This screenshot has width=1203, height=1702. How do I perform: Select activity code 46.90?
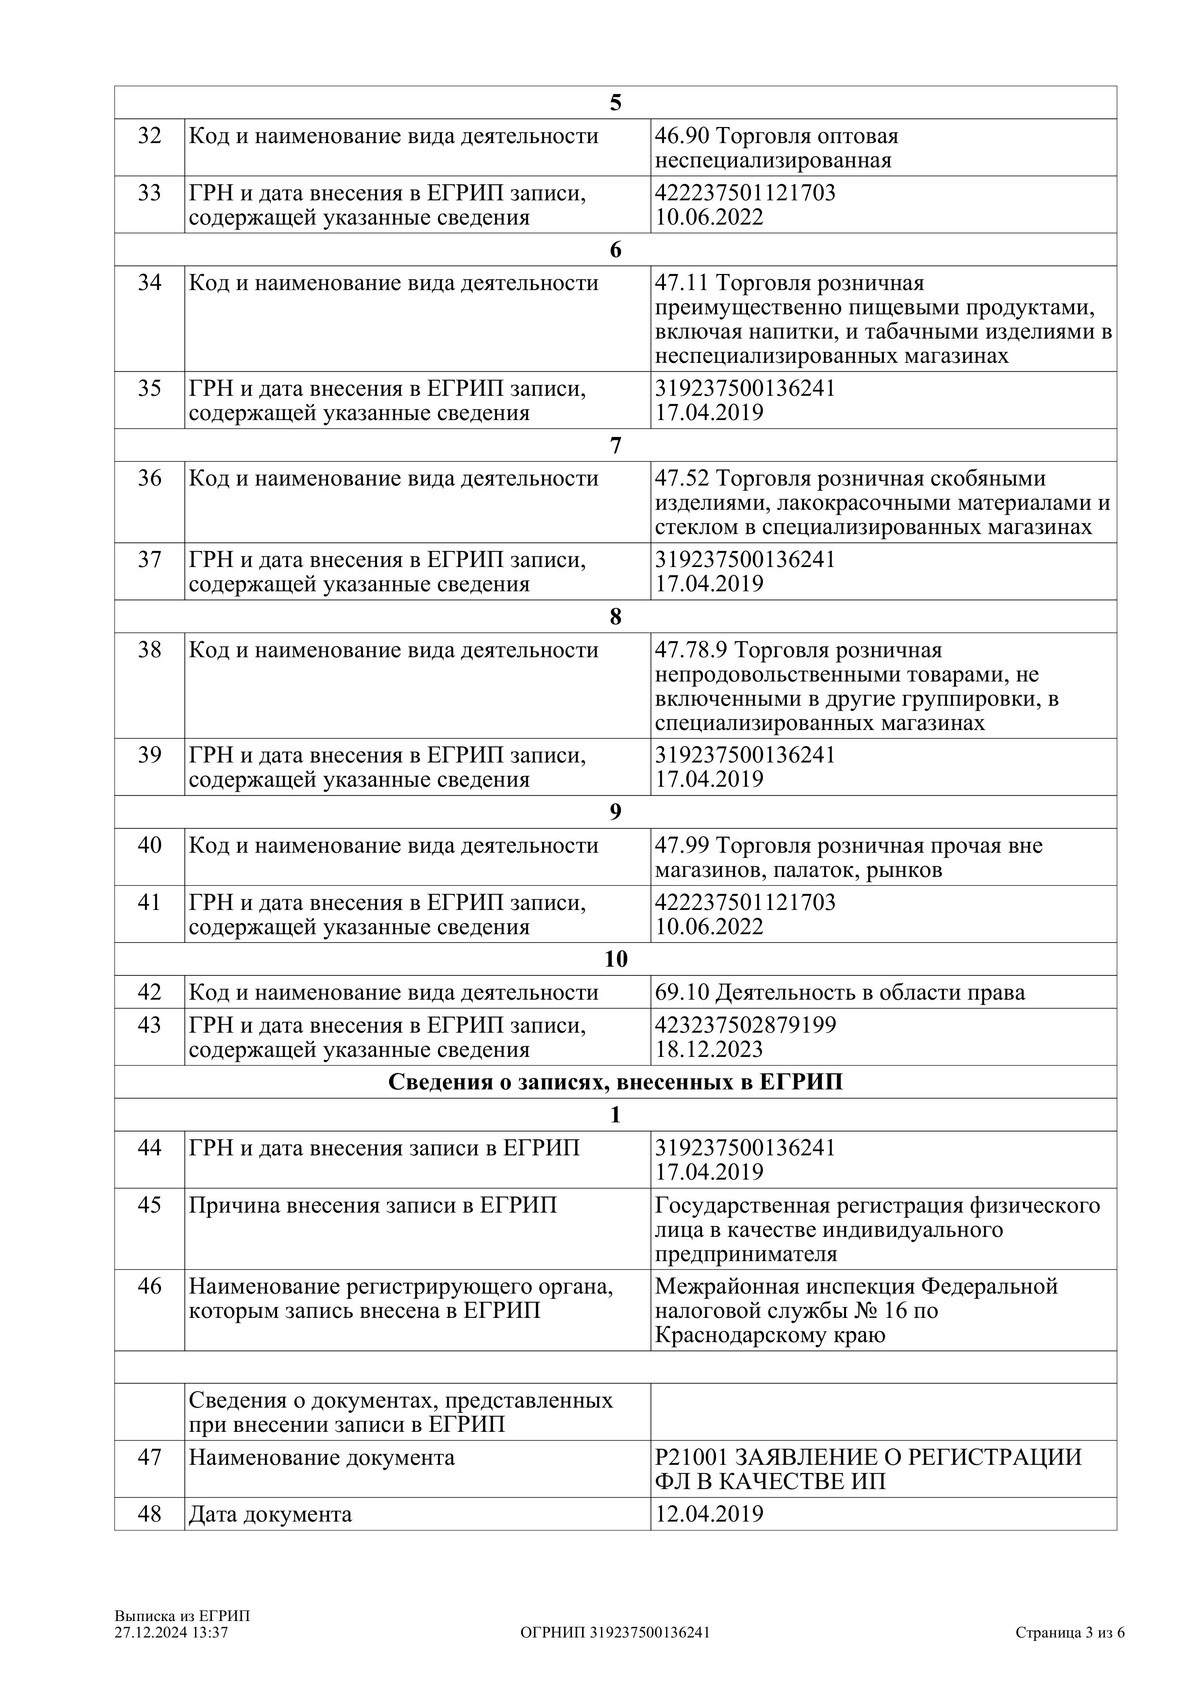[682, 136]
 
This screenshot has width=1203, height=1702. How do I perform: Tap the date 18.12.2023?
[709, 1050]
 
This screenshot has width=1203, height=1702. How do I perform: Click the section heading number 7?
[615, 446]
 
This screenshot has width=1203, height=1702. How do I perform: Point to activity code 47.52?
[682, 479]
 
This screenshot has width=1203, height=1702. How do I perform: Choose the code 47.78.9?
[691, 651]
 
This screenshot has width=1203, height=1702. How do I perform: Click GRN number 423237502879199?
[745, 1025]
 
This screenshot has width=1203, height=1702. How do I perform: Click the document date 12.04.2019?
[709, 1514]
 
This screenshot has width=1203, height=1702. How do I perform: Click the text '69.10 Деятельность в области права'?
[840, 992]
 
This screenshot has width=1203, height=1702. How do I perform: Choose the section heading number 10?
[615, 959]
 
